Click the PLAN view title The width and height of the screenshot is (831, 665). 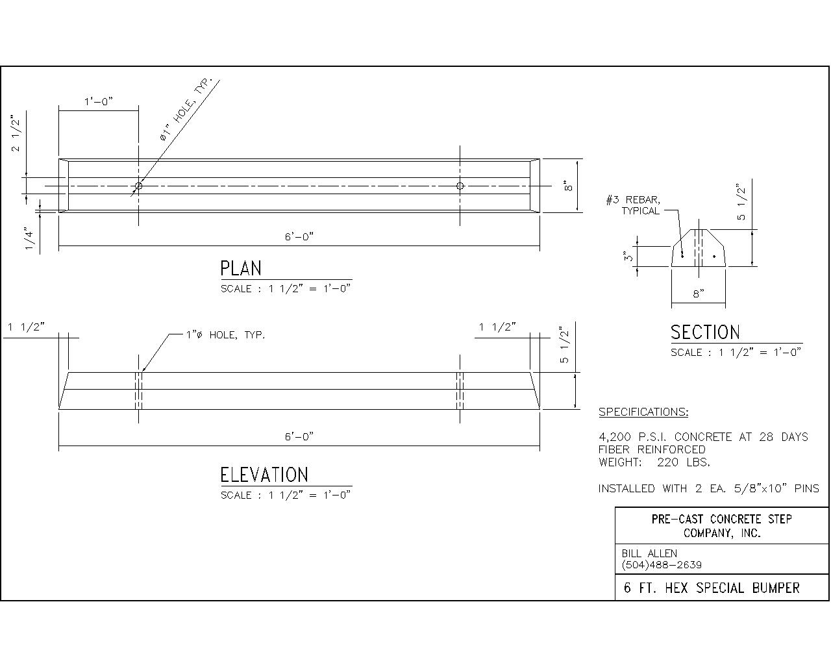click(x=241, y=268)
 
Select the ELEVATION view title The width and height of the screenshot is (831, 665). click(x=264, y=475)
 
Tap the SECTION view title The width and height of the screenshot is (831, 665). click(x=705, y=332)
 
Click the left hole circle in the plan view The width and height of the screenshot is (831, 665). click(x=138, y=186)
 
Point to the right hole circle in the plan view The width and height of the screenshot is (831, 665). click(x=460, y=186)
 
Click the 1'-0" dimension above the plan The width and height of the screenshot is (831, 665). click(x=99, y=101)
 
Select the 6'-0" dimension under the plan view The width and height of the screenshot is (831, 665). click(x=299, y=237)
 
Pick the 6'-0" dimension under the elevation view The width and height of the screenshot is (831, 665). click(x=299, y=436)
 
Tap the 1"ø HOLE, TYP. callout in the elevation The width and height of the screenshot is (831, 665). click(x=225, y=335)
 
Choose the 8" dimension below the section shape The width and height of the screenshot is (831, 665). click(x=698, y=294)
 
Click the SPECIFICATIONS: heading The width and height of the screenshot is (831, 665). click(x=643, y=412)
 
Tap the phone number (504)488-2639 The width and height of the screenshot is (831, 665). click(x=662, y=565)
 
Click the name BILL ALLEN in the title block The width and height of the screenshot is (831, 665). click(x=649, y=553)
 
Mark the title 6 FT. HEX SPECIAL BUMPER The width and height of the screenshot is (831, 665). click(x=712, y=588)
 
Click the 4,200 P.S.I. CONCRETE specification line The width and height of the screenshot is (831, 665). click(x=703, y=437)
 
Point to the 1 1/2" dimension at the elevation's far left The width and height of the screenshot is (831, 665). click(x=26, y=327)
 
